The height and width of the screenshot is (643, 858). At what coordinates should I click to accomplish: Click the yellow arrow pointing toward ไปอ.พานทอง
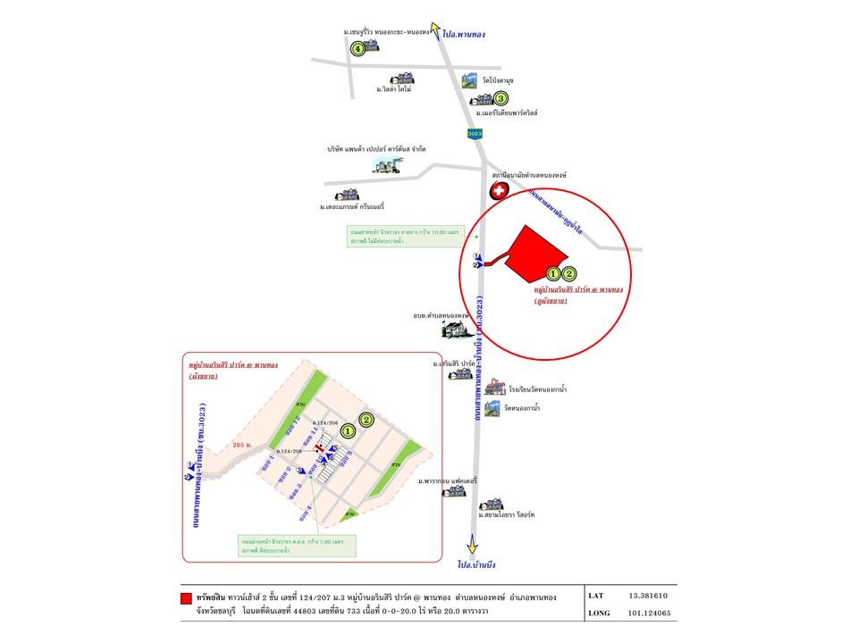[435, 30]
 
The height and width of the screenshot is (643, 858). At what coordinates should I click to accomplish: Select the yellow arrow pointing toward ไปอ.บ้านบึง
[471, 543]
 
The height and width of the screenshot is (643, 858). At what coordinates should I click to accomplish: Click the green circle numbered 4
[358, 49]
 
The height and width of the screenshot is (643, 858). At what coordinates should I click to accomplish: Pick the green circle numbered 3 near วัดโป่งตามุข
[501, 99]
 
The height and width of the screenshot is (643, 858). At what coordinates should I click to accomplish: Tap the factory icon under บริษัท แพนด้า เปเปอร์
[389, 165]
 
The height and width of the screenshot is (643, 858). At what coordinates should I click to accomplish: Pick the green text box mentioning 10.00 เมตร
[403, 237]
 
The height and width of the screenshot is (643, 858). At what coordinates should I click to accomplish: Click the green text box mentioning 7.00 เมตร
[296, 545]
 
